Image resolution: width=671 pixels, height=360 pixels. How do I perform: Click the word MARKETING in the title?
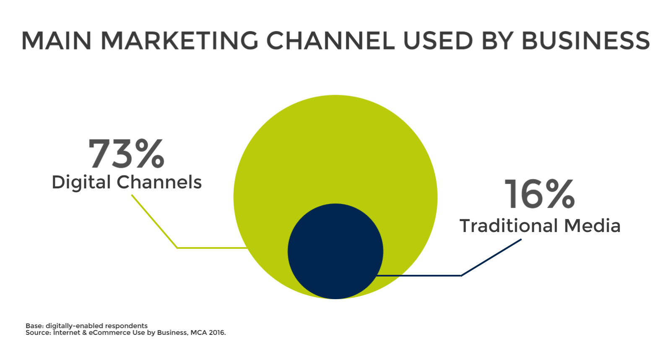[x=179, y=40]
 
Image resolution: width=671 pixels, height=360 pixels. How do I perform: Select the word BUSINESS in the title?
[x=585, y=40]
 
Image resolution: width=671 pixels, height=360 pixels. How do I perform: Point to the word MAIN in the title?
[x=57, y=40]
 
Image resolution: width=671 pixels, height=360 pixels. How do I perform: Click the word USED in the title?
[x=438, y=40]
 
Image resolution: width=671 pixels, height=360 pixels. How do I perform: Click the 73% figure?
[x=126, y=154]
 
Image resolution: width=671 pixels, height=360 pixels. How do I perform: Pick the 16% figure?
[x=539, y=194]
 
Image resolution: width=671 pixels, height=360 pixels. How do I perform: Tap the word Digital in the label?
[x=81, y=183]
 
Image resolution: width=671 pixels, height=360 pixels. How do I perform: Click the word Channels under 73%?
[x=159, y=182]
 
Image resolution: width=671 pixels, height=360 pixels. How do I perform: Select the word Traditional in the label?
[x=509, y=226]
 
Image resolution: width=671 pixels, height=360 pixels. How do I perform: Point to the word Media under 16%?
[x=592, y=226]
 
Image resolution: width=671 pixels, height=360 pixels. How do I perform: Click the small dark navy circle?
[x=335, y=251]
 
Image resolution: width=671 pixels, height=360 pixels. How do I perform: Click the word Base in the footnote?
[x=34, y=326]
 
